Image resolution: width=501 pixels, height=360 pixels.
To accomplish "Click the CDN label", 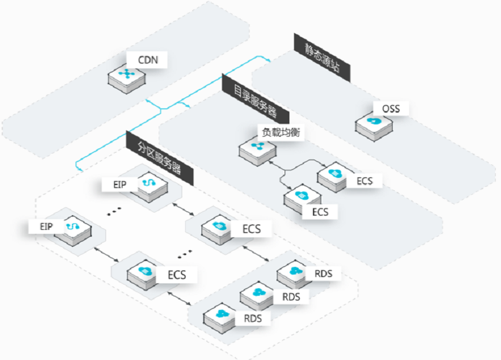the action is point(148,60).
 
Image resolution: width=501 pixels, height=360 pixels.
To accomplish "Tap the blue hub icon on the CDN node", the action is point(127,74).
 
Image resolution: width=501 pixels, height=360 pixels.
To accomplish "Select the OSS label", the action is point(391,109).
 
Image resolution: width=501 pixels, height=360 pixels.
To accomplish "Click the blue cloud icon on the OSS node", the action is point(374,121).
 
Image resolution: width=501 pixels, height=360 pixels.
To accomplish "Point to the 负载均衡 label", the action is point(281,132).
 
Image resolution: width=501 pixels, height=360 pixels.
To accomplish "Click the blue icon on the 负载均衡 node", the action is point(258,146).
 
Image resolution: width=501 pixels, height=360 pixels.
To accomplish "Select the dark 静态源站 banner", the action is point(322,58).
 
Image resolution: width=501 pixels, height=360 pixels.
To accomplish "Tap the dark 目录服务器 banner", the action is point(256,98).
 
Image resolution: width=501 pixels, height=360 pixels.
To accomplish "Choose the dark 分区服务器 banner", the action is point(160,158).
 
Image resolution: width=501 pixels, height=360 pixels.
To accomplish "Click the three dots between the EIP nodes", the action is point(114,212).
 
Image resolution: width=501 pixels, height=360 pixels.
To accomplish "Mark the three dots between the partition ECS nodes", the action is point(184,254).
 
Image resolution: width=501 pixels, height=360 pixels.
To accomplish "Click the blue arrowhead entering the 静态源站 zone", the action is point(268,60).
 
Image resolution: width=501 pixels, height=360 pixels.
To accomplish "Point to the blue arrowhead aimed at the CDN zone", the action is point(147,100).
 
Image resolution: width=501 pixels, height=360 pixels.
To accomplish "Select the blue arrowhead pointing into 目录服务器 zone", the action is point(188,105).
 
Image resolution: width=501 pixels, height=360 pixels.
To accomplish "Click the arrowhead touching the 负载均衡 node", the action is point(271,162).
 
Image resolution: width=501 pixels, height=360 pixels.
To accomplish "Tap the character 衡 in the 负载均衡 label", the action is point(295,132).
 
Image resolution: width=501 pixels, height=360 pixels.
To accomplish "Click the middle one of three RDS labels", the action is point(291,297).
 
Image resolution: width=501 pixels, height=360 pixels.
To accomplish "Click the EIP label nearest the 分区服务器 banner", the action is point(120,184).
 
